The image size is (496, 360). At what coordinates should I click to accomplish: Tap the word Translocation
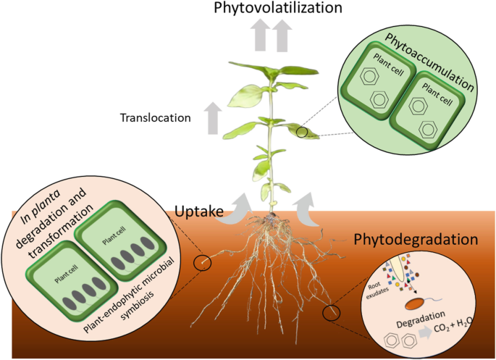coord(156,117)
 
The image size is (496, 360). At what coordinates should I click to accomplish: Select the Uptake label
coord(198,212)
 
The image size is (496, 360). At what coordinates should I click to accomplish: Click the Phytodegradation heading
coord(416,238)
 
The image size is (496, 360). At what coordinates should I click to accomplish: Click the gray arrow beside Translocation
coord(213,115)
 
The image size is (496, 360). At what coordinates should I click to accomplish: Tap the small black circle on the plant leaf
coord(302,133)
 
